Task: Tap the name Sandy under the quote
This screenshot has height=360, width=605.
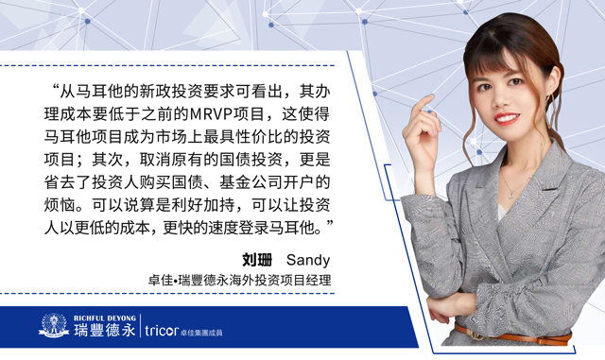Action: click(308, 261)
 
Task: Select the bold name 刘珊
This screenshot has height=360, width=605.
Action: click(257, 260)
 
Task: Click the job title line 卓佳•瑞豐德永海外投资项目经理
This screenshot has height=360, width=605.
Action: click(239, 280)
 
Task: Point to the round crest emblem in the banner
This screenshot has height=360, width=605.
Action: click(54, 325)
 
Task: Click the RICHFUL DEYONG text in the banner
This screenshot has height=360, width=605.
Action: click(105, 318)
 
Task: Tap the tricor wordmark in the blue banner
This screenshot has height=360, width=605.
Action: click(162, 330)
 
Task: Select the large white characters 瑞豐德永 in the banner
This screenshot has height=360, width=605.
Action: click(105, 331)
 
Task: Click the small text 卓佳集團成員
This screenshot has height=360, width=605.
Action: click(201, 333)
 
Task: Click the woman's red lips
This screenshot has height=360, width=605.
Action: click(506, 117)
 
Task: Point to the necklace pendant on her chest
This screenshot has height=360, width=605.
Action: click(510, 196)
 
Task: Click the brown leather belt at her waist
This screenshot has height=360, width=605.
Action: click(512, 334)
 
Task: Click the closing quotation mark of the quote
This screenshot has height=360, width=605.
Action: click(328, 224)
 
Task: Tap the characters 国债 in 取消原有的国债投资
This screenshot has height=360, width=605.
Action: click(235, 160)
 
